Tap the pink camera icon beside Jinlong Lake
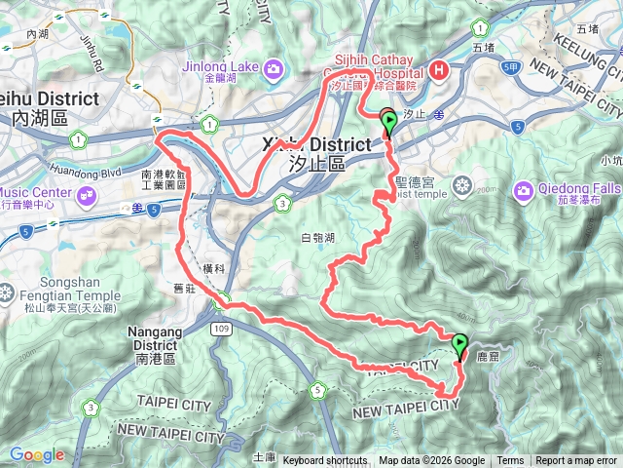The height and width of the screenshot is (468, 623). coord(274,68)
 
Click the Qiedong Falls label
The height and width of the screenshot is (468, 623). coord(568,187)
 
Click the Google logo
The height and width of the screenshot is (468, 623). coord(37,454)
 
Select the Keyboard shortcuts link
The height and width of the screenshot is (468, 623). coord(325,461)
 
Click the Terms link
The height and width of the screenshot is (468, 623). coord(510,461)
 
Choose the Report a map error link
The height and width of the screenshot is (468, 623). coord(576,461)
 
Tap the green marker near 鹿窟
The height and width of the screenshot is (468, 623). coord(458,344)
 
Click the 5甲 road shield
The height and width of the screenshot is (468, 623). coord(512,66)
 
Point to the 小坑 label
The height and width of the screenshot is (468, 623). coord(611,161)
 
